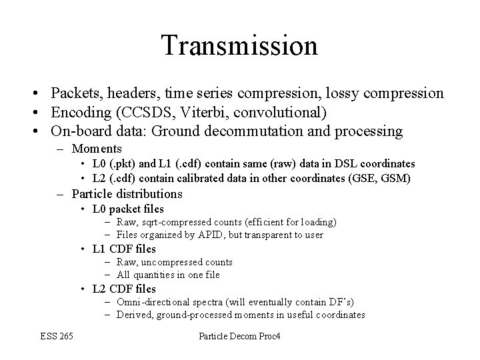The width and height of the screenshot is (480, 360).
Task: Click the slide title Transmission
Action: (239, 45)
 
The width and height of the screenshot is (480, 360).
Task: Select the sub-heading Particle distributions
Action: (127, 194)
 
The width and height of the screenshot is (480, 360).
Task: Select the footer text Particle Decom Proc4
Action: (240, 337)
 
